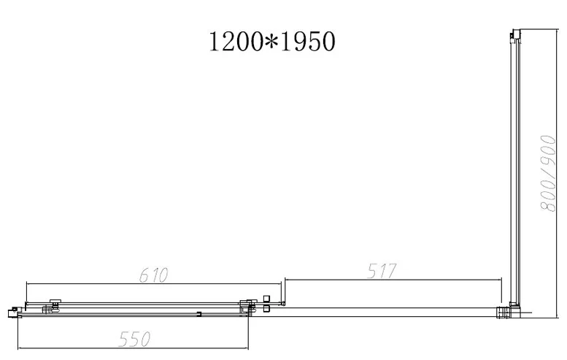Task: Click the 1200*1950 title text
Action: click(272, 41)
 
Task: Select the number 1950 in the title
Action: click(308, 41)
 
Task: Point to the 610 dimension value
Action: click(154, 275)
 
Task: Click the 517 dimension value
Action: click(382, 271)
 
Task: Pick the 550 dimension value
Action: click(134, 340)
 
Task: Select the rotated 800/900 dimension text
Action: click(547, 173)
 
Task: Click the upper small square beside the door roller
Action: click(267, 299)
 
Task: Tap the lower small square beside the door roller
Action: click(267, 309)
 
